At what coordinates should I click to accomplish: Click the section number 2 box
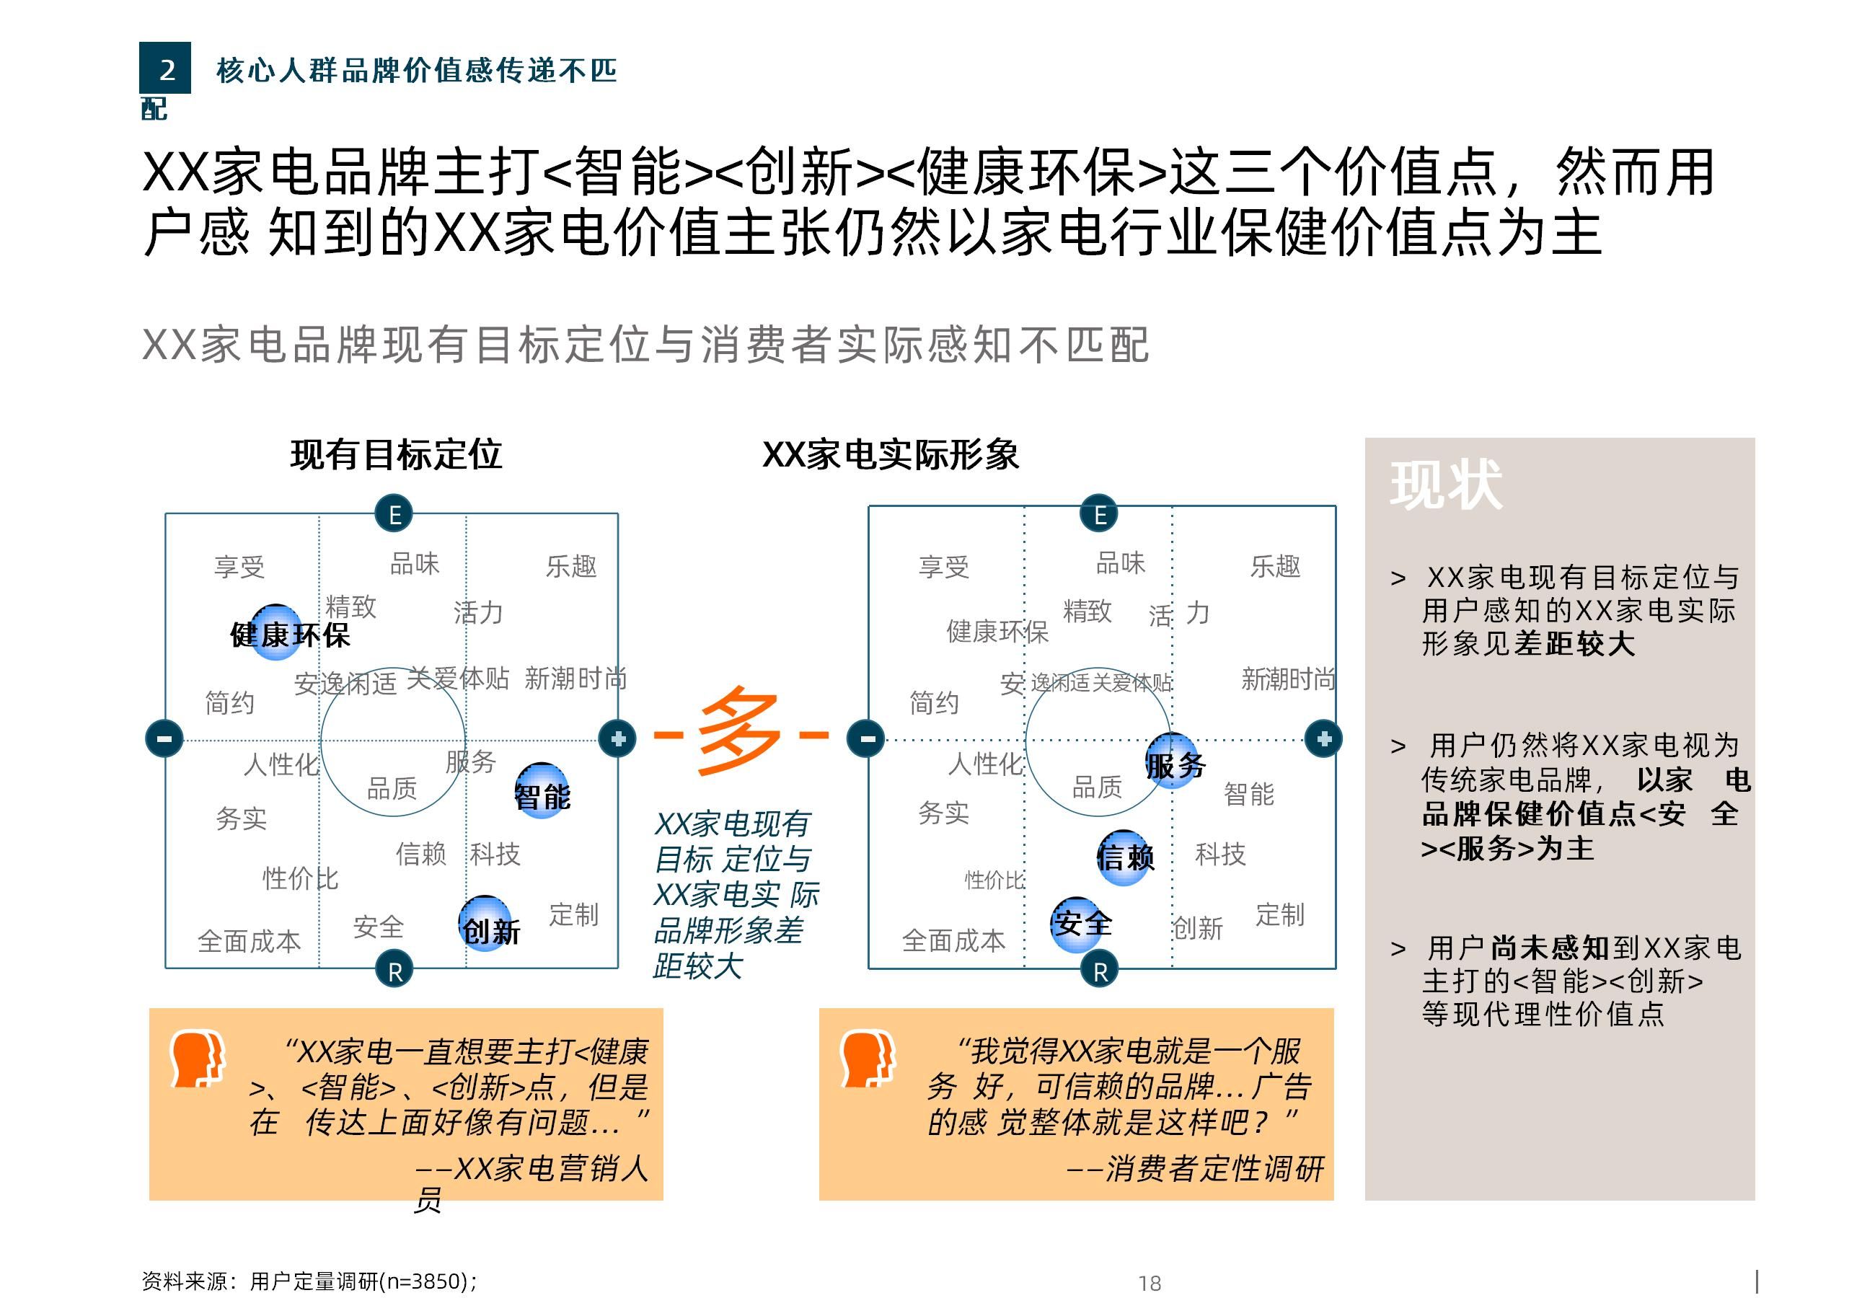click(165, 69)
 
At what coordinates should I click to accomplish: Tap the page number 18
click(1149, 1284)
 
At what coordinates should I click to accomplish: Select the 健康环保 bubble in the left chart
click(276, 632)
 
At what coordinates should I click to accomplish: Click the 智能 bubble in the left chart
click(542, 791)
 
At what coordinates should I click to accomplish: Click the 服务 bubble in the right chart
click(1173, 761)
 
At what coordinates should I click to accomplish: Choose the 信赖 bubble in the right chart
click(1124, 857)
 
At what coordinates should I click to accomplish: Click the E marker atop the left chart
click(394, 514)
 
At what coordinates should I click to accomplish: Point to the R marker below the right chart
click(1099, 970)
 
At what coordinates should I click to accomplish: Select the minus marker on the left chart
click(164, 738)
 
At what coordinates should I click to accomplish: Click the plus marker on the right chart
click(1323, 738)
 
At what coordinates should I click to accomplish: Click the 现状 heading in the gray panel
click(1446, 485)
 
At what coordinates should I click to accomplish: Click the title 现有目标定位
click(396, 454)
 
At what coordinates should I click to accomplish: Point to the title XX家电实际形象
click(891, 454)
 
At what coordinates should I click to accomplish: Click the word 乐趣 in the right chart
click(1275, 566)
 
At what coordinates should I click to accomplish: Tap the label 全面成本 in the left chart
click(249, 941)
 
